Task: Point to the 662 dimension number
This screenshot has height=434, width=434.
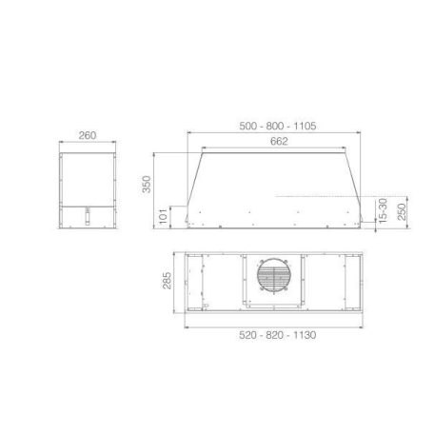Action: (279, 142)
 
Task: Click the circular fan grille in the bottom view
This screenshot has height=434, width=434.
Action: (273, 278)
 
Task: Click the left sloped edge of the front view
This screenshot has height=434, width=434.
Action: (194, 187)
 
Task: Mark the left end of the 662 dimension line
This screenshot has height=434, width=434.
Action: (203, 149)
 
